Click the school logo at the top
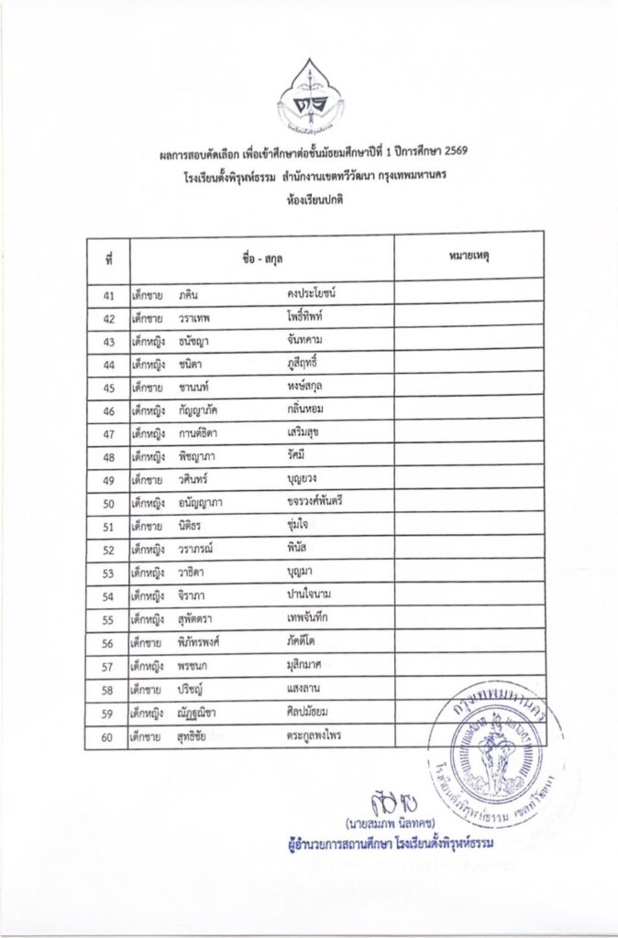[x=310, y=98]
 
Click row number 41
[x=108, y=295]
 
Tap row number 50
[x=108, y=502]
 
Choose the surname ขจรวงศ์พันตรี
[x=320, y=502]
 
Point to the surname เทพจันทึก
[x=308, y=618]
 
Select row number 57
[x=108, y=665]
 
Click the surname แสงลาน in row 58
[x=305, y=688]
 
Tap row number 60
[x=108, y=736]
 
